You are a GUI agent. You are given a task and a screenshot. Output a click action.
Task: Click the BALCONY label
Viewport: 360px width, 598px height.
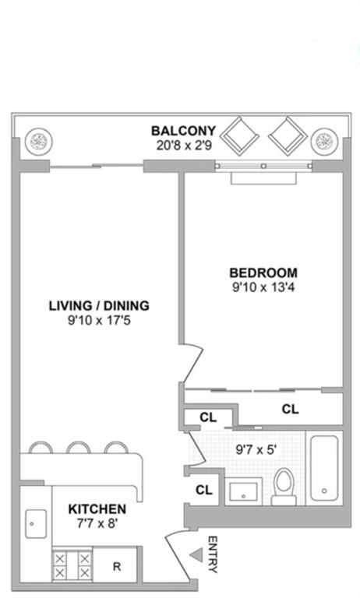(x=184, y=131)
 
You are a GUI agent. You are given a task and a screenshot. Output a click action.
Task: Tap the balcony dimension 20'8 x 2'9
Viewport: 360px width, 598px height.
(x=184, y=146)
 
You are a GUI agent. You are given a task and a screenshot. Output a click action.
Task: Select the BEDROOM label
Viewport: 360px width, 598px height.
(x=263, y=273)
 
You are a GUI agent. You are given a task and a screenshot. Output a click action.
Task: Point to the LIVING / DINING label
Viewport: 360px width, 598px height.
(x=99, y=306)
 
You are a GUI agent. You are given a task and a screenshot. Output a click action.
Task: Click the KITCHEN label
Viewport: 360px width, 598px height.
(x=97, y=509)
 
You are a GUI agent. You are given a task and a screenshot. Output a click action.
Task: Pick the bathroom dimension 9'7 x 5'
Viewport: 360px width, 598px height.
(x=256, y=449)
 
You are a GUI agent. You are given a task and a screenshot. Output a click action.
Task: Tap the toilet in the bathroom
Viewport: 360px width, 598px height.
(x=284, y=487)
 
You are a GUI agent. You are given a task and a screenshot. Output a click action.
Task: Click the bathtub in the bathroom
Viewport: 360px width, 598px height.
(x=324, y=468)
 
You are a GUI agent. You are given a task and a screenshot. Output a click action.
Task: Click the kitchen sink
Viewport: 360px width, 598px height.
(x=36, y=524)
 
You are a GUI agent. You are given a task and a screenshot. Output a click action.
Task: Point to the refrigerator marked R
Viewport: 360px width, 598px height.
(x=115, y=566)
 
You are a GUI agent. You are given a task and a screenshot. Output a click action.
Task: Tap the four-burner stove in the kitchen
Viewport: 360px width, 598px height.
(x=72, y=565)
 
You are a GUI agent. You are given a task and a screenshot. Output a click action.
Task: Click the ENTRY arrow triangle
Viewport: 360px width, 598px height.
(x=196, y=555)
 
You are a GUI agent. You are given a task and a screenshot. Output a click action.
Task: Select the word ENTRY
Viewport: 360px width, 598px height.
(x=213, y=554)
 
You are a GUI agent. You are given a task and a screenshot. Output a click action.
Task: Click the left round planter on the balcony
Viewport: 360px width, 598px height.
(x=38, y=142)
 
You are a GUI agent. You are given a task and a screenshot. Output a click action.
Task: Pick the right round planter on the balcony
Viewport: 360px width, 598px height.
(x=324, y=142)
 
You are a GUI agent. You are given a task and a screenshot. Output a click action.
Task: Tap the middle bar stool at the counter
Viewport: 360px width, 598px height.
(x=78, y=448)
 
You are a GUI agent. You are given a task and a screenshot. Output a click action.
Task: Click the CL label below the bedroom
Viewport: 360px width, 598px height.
(x=290, y=410)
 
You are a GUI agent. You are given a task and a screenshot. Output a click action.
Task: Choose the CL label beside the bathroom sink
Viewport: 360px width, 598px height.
(x=204, y=490)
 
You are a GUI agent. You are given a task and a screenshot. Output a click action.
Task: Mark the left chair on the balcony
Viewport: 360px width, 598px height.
(x=240, y=136)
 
